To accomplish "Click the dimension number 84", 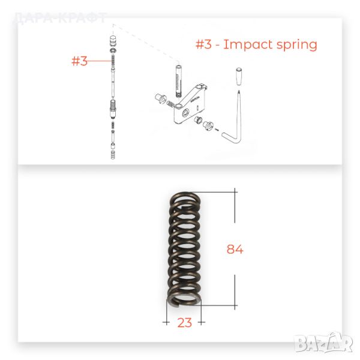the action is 235,250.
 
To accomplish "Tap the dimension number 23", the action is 184,323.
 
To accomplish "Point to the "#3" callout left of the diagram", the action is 79,61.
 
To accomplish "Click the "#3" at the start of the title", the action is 203,44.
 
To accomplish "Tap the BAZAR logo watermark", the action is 323,343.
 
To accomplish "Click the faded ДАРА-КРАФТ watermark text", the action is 60,18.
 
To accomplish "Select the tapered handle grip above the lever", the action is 239,76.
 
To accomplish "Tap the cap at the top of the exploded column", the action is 113,41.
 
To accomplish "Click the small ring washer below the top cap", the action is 113,50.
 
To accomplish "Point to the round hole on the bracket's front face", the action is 185,113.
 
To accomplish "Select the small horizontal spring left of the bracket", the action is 170,104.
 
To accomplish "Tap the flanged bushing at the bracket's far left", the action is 160,99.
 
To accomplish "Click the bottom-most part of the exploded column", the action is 113,155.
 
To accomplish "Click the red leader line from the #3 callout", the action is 99,61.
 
